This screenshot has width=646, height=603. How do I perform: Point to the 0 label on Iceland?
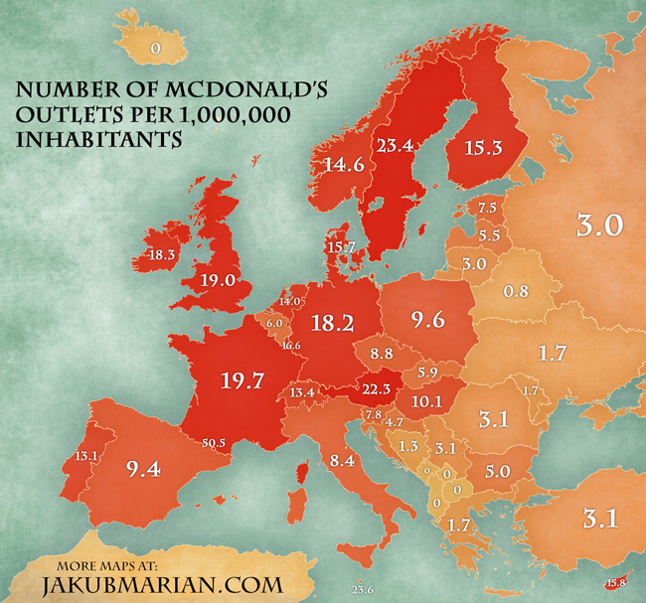tap(155, 47)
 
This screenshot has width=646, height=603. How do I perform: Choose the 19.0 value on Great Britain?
tap(219, 280)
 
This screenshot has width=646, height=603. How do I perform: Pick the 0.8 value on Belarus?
tap(516, 292)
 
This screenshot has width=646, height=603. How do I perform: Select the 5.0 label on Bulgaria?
tap(498, 470)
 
